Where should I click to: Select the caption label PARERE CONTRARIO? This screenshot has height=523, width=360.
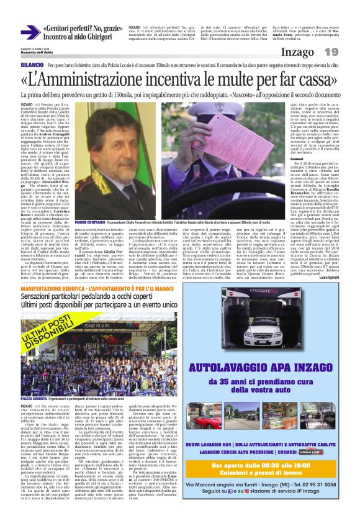tap(89, 222)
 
